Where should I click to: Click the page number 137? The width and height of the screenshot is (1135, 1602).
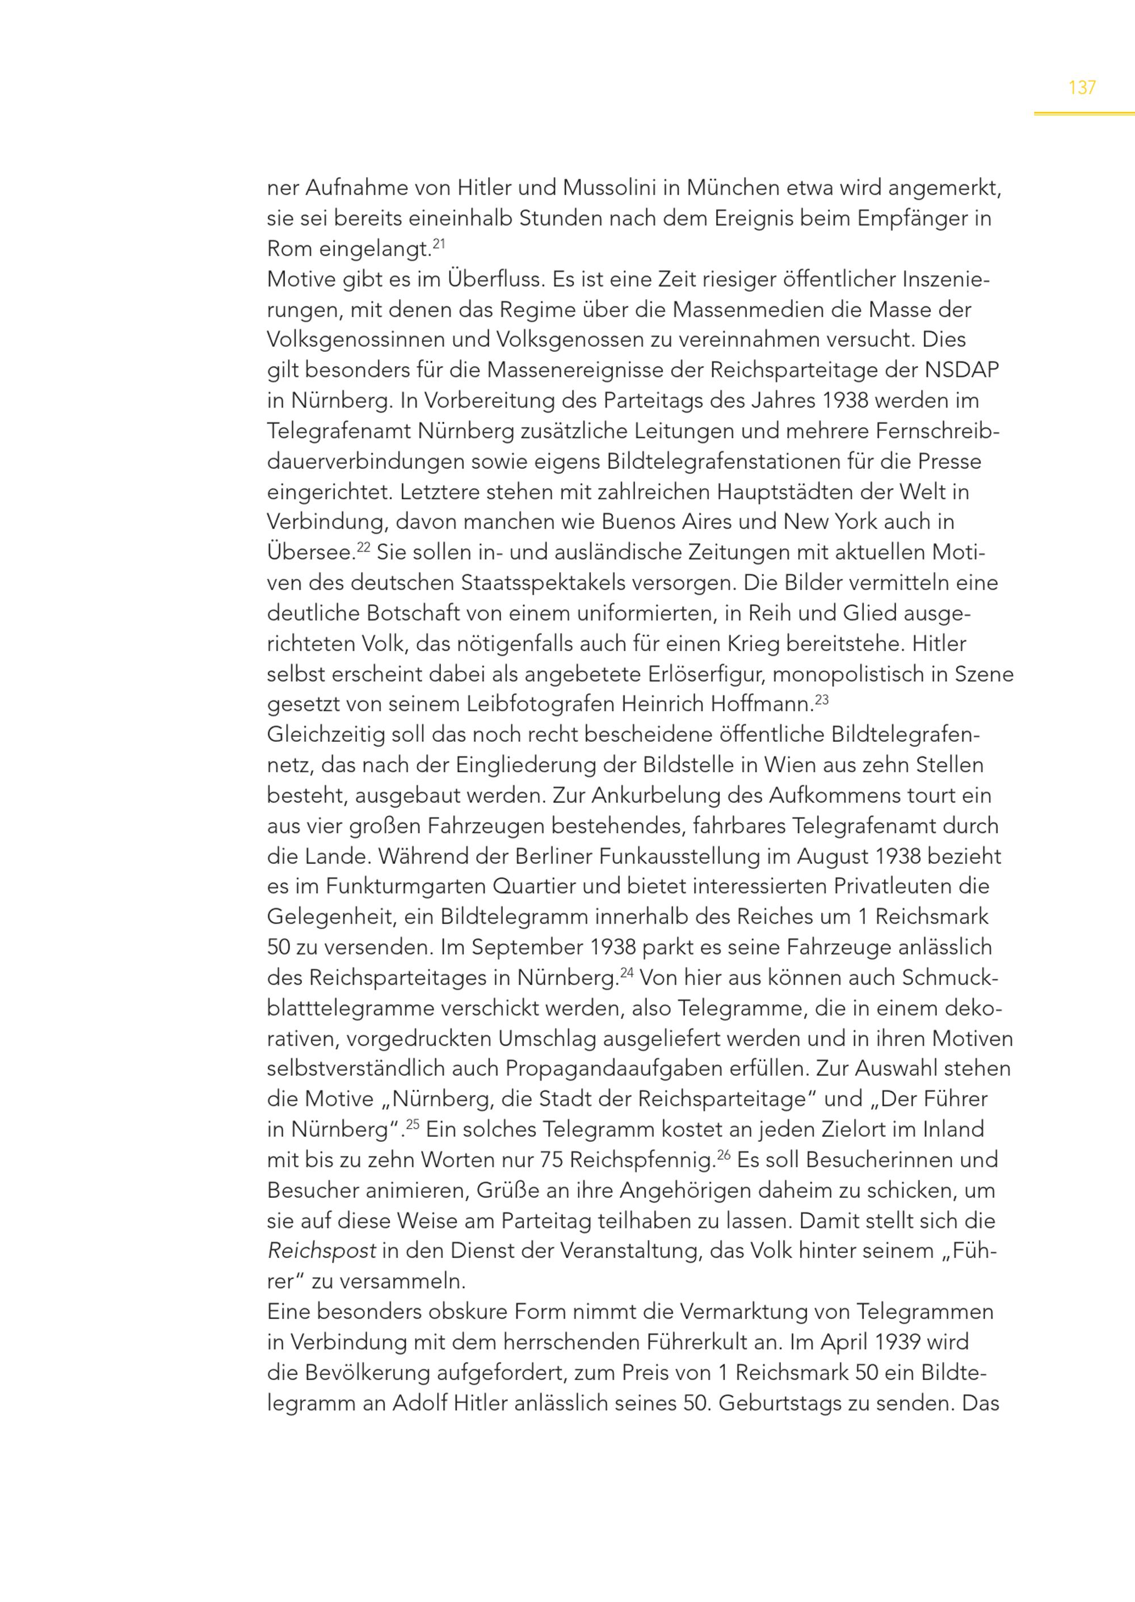pos(1082,88)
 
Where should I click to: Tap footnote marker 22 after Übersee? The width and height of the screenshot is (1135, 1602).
pos(363,546)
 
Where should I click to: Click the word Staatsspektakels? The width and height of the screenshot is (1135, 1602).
pos(579,583)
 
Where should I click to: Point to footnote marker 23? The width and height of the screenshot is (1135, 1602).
pos(822,698)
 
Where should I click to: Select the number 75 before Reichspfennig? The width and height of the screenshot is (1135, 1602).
pos(552,1160)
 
